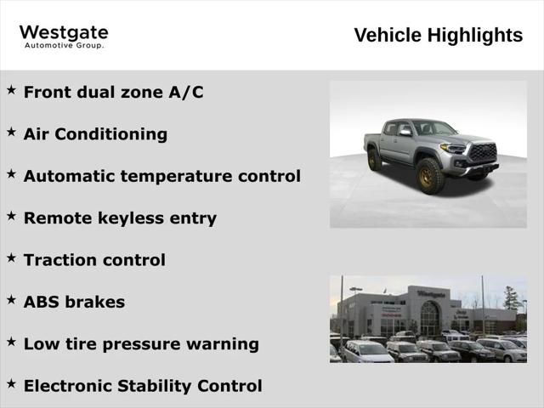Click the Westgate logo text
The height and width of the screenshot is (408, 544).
tap(64, 32)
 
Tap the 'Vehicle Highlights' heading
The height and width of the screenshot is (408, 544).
tap(438, 35)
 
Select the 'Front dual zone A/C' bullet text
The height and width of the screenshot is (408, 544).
tap(113, 92)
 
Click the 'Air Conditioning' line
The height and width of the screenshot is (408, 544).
tap(95, 134)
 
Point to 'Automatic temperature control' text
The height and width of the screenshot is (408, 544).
tap(161, 176)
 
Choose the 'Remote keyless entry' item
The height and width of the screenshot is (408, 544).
tap(120, 218)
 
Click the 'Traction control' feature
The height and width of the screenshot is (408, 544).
tap(94, 260)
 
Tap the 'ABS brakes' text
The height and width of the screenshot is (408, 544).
tap(74, 302)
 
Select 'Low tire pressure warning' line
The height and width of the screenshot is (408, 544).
tap(141, 344)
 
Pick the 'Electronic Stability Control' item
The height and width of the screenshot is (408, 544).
tap(143, 386)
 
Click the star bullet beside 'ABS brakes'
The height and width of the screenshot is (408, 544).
tap(11, 299)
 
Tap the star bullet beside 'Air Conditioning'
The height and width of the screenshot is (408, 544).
tap(11, 132)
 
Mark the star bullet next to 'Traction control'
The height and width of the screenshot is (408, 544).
tap(11, 258)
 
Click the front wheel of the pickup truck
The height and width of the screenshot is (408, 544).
tap(429, 177)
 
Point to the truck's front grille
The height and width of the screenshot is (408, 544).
tap(482, 153)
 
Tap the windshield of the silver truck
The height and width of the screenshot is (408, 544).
tap(433, 128)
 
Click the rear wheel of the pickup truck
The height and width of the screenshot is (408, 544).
tap(374, 159)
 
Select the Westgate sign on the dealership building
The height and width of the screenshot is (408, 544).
tap(431, 294)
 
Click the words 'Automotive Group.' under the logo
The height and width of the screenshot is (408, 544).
tap(64, 45)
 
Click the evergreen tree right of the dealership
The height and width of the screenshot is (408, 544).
tap(511, 299)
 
